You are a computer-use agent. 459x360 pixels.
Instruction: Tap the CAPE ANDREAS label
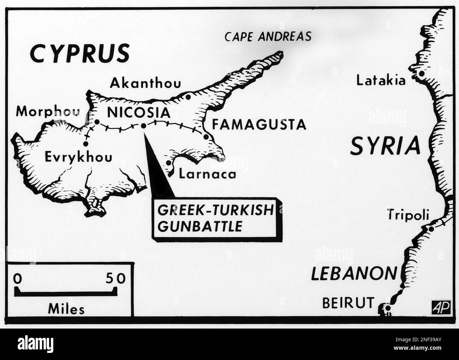[268, 36]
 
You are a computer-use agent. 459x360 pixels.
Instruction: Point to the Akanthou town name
[145, 83]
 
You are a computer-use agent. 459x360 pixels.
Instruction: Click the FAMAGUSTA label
[258, 124]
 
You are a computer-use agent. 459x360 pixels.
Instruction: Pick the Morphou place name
[48, 112]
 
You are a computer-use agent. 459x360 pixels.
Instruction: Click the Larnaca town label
[207, 174]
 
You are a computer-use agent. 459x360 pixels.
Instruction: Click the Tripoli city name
[408, 214]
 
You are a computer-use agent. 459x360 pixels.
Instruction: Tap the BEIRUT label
[348, 302]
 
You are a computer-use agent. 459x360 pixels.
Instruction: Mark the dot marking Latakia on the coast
[421, 74]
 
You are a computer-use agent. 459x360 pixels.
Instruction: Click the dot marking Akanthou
[188, 96]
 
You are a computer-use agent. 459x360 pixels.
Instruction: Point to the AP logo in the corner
[441, 308]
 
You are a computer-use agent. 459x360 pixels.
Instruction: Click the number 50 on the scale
[115, 279]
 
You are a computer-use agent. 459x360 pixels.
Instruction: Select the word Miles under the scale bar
[66, 309]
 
